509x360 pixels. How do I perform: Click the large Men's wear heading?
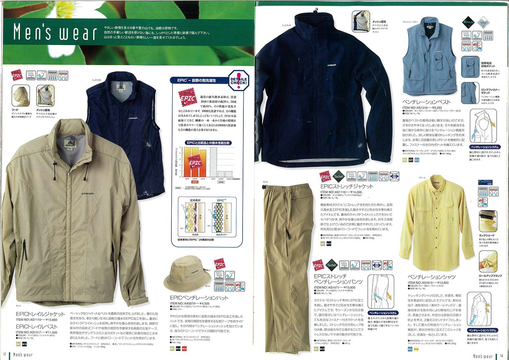coord(54,33)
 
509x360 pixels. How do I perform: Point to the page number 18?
coord(502,356)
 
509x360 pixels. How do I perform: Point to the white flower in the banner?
coord(72,10)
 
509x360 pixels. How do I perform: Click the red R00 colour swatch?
coord(184,349)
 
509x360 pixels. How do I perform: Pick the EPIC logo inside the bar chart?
coord(194,163)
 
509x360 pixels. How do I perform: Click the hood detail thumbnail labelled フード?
coord(20,95)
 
